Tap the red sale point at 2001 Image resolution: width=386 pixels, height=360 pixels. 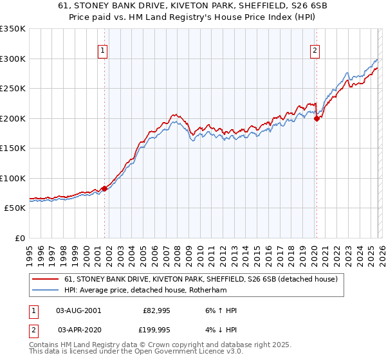(104, 188)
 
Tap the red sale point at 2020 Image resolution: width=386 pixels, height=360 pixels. (317, 118)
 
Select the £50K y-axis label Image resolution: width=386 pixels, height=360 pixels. (15, 208)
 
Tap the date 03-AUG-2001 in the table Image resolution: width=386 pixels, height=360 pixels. (78, 310)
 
